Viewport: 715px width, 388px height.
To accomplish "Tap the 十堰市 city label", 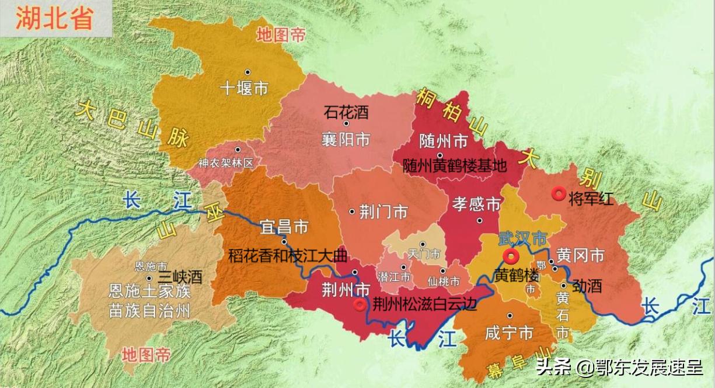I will click(x=244, y=88).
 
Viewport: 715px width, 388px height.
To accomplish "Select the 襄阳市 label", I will click(x=346, y=140).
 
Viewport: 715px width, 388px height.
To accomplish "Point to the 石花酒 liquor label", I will click(x=347, y=110).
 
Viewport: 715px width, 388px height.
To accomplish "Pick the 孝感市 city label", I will click(x=477, y=204).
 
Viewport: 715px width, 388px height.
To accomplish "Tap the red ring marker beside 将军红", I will click(x=559, y=194).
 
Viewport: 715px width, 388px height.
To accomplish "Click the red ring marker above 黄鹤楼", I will click(x=511, y=256).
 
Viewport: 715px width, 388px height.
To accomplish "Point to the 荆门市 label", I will click(x=383, y=212).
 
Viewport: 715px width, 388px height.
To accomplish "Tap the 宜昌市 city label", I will click(x=284, y=226).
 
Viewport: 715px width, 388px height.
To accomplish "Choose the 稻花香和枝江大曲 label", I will click(x=288, y=256).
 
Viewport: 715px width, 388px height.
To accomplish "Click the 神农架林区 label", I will click(x=225, y=163).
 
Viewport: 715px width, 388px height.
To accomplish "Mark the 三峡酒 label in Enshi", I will click(x=180, y=278).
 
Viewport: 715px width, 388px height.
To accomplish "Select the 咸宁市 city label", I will click(x=509, y=333).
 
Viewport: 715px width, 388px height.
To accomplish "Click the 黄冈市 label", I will click(x=580, y=255).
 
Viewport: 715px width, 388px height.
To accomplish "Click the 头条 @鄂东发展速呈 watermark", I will click(x=619, y=367).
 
